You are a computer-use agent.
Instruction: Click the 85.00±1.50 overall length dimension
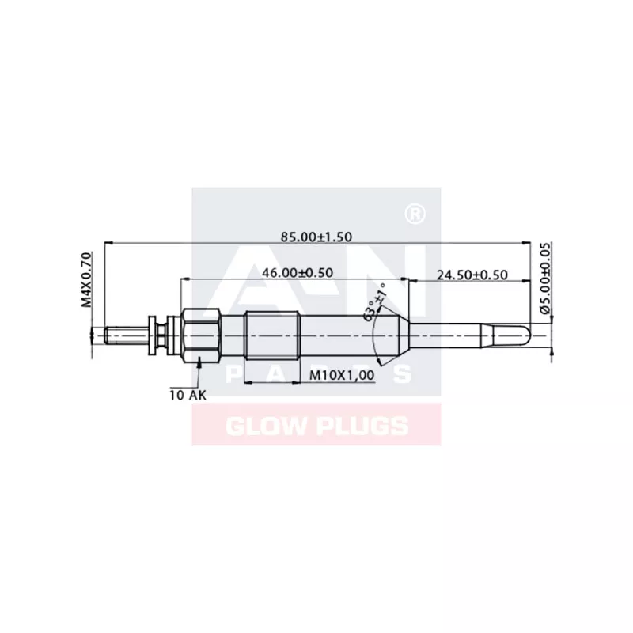(316, 236)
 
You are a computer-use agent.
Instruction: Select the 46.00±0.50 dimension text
(297, 273)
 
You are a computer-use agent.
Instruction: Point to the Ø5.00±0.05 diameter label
(544, 279)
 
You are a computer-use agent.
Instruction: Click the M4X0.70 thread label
(87, 280)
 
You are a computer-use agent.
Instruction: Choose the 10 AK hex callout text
(187, 393)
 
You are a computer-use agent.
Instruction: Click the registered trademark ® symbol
(411, 214)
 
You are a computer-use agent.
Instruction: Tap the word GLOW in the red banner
(263, 426)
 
